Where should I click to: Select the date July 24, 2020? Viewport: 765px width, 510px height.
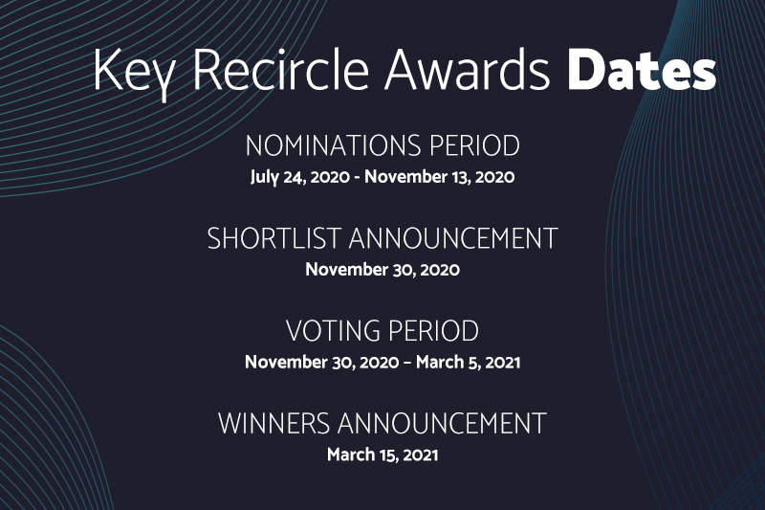(x=300, y=177)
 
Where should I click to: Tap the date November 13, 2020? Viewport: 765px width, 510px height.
(x=439, y=176)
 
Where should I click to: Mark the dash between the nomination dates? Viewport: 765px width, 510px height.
(x=357, y=178)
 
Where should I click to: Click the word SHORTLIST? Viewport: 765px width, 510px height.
(x=273, y=238)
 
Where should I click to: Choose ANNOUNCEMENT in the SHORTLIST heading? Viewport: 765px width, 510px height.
(x=452, y=238)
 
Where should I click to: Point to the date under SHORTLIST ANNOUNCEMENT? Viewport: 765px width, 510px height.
(x=382, y=270)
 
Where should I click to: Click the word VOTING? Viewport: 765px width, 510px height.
(x=333, y=331)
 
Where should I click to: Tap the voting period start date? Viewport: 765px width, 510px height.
(x=322, y=362)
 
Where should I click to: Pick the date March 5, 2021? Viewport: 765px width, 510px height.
(x=468, y=362)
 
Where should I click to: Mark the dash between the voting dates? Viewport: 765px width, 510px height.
(x=407, y=363)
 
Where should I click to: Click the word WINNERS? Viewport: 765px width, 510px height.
(x=273, y=424)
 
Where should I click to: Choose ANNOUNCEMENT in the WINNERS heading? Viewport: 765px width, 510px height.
(x=442, y=424)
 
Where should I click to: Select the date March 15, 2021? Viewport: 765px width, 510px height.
(x=382, y=455)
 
